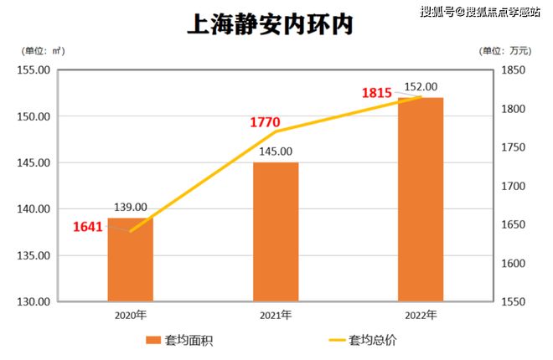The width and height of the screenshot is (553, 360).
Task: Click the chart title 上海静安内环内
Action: coord(270,23)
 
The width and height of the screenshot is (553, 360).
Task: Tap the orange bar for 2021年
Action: coord(276,232)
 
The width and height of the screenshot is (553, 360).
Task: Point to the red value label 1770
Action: coord(265,122)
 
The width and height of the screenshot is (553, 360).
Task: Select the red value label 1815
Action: coord(377,93)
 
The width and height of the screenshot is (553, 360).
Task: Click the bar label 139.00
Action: coord(131,208)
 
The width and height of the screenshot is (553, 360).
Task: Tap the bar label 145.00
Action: coord(276,152)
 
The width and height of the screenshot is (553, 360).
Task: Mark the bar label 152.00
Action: coord(421,86)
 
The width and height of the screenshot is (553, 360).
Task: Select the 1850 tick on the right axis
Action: coord(514,70)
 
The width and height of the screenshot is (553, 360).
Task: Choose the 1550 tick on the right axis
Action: coord(514,301)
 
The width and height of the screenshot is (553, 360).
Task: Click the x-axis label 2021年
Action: coord(276,316)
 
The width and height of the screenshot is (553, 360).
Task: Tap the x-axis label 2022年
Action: coord(421,316)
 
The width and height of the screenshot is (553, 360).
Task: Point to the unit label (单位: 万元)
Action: coord(508,51)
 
